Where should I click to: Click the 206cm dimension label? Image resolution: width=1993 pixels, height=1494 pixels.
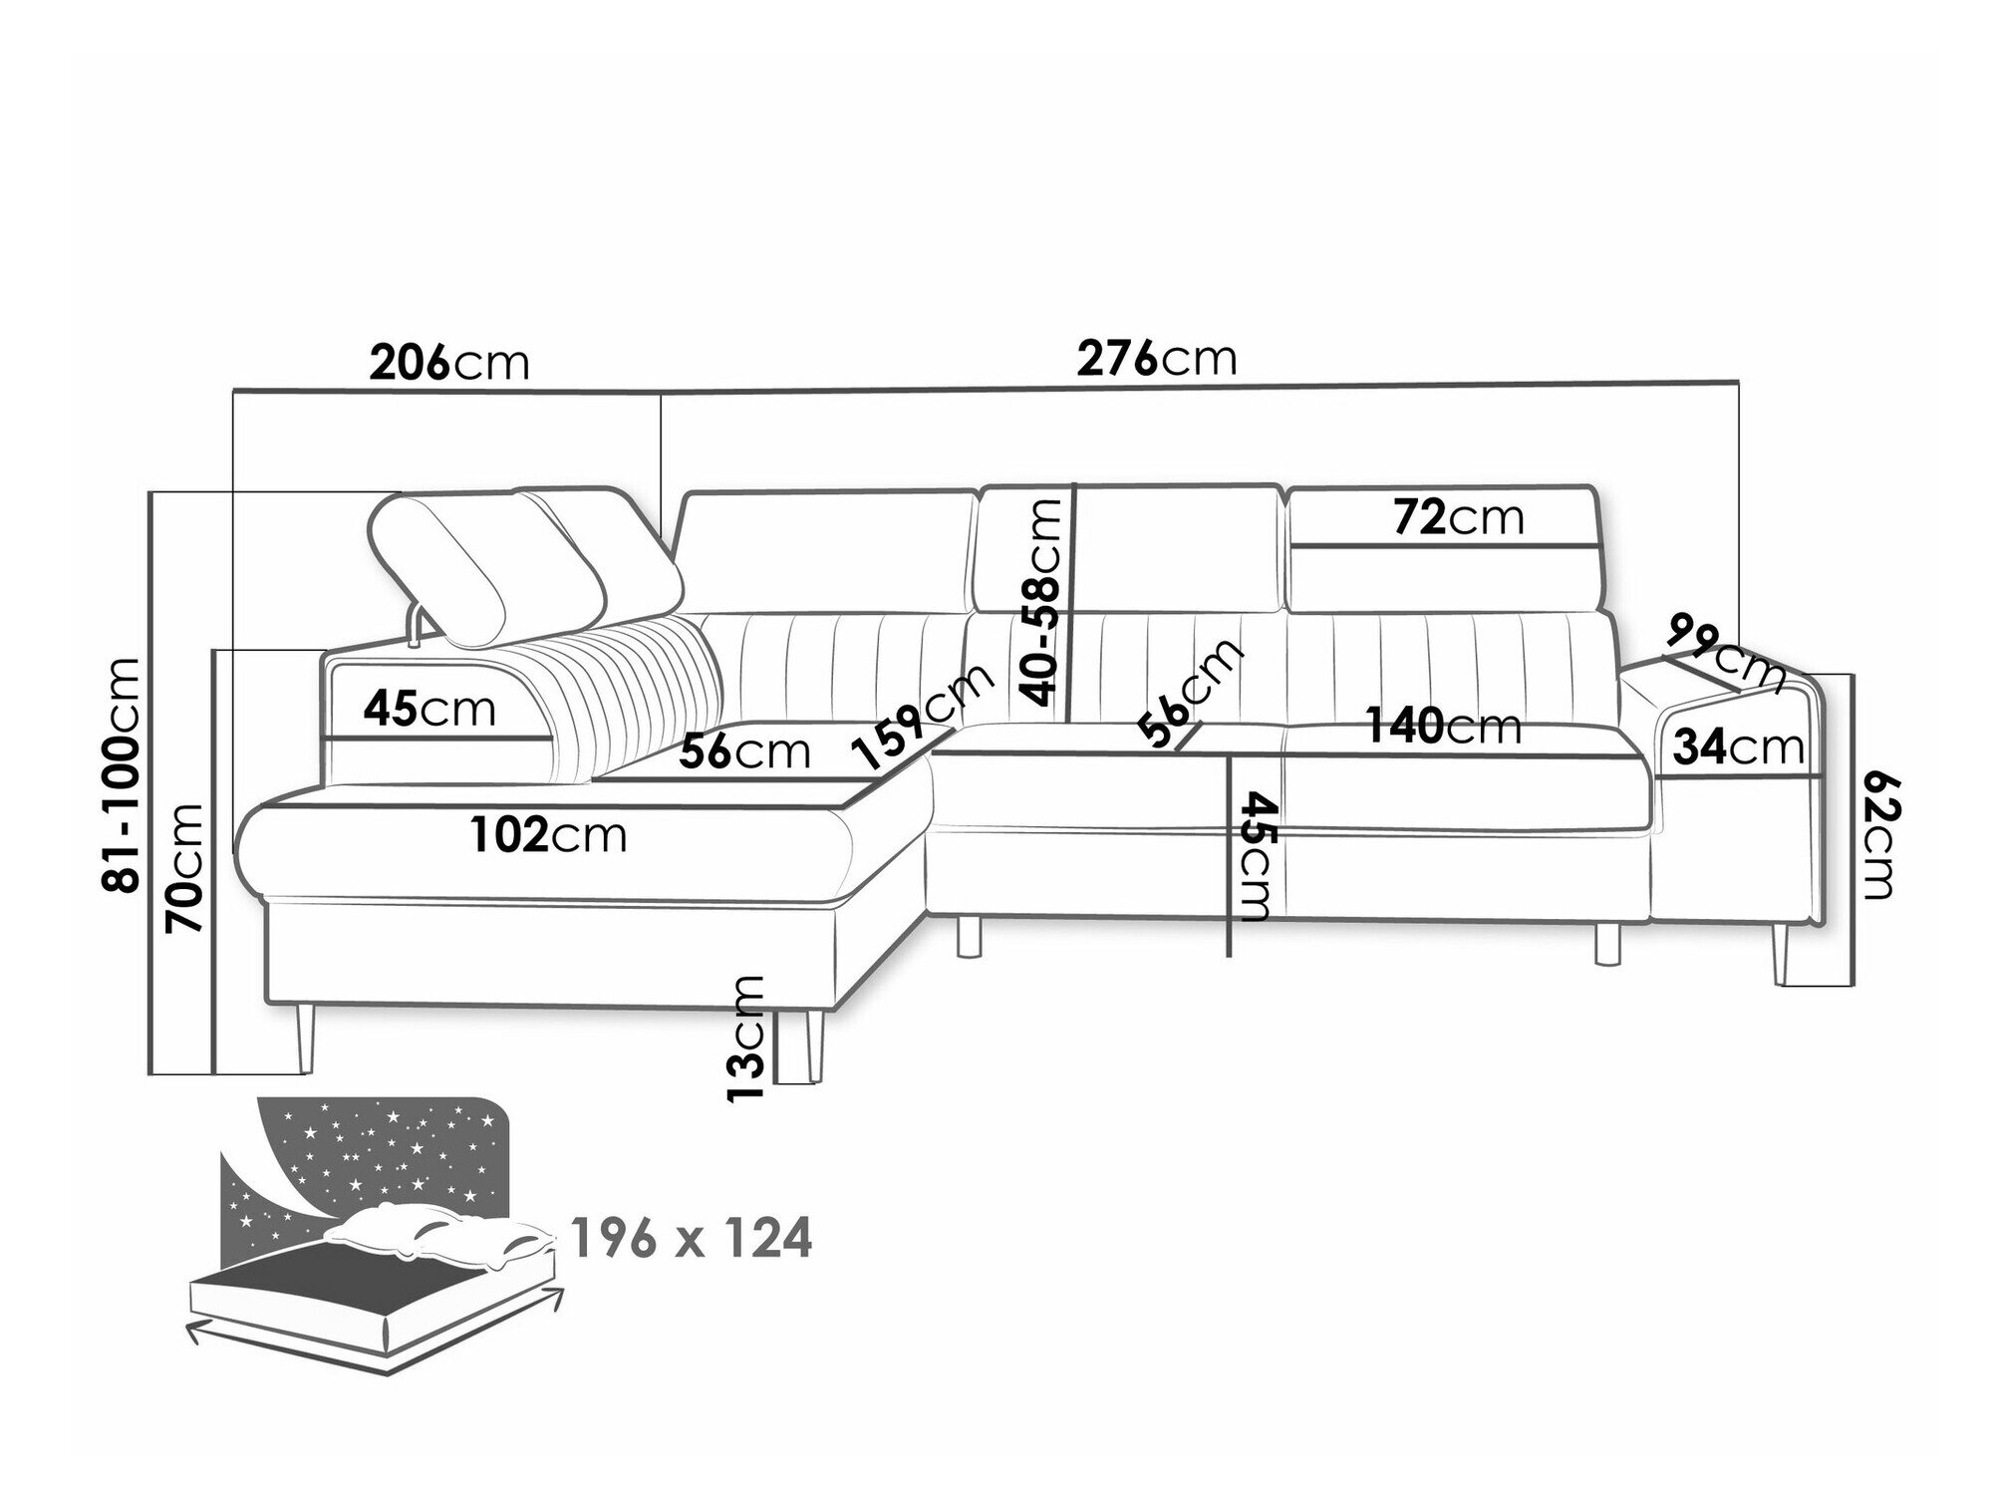click(448, 363)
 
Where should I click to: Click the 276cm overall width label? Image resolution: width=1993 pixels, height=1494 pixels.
click(1156, 358)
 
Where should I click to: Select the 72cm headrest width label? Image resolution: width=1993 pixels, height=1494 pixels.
click(1458, 517)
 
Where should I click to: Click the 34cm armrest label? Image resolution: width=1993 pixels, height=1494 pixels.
click(1738, 747)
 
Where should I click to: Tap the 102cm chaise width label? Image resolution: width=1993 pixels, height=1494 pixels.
click(549, 834)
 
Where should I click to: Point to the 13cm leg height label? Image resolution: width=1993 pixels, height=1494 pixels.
click(746, 1038)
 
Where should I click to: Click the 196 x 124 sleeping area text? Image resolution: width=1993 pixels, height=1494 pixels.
click(692, 1240)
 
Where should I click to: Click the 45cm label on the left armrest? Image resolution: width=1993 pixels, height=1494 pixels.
click(429, 709)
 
